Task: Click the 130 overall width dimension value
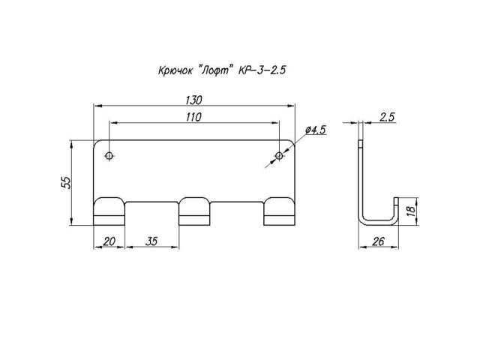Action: (x=193, y=100)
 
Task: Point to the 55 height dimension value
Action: (x=65, y=182)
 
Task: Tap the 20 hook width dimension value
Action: (x=109, y=241)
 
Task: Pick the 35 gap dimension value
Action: (x=151, y=241)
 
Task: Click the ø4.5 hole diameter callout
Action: (x=315, y=130)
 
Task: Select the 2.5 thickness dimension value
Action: (x=388, y=116)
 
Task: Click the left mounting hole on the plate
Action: (x=110, y=156)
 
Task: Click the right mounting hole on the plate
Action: (x=279, y=156)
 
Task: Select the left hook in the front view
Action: (x=109, y=211)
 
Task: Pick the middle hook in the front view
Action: (x=193, y=211)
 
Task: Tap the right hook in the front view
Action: (x=278, y=211)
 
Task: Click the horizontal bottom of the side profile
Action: (x=377, y=222)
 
